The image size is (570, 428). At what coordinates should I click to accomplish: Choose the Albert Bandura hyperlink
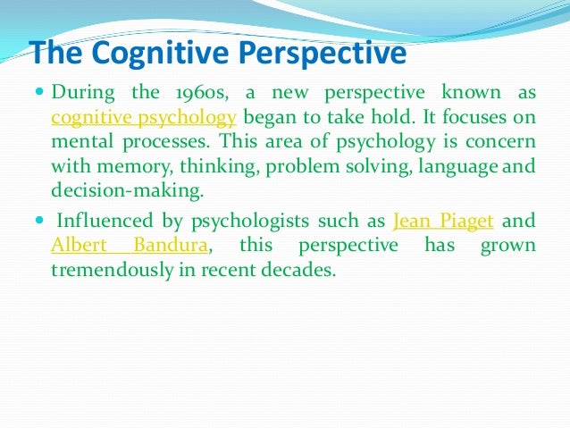[x=131, y=246]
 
